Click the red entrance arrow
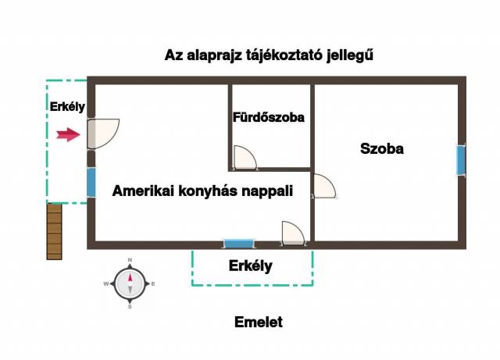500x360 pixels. [x=68, y=134]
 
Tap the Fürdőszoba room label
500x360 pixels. [x=269, y=117]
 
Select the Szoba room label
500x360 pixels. [x=382, y=148]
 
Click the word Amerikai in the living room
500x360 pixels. [x=143, y=191]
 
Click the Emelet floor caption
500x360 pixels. [x=259, y=322]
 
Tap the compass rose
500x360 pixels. [x=130, y=283]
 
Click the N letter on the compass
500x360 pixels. [x=130, y=260]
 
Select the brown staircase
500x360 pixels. [x=54, y=231]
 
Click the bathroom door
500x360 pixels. [x=245, y=157]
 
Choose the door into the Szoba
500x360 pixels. [x=324, y=186]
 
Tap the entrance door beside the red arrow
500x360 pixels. [x=103, y=134]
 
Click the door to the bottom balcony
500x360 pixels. [x=294, y=233]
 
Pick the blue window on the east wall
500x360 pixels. [x=461, y=160]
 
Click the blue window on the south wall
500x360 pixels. [x=239, y=244]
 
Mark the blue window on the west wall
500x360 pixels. [x=91, y=183]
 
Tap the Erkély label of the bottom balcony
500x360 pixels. [x=251, y=266]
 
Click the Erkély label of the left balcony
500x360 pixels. [x=67, y=106]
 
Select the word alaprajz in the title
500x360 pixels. [x=215, y=55]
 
